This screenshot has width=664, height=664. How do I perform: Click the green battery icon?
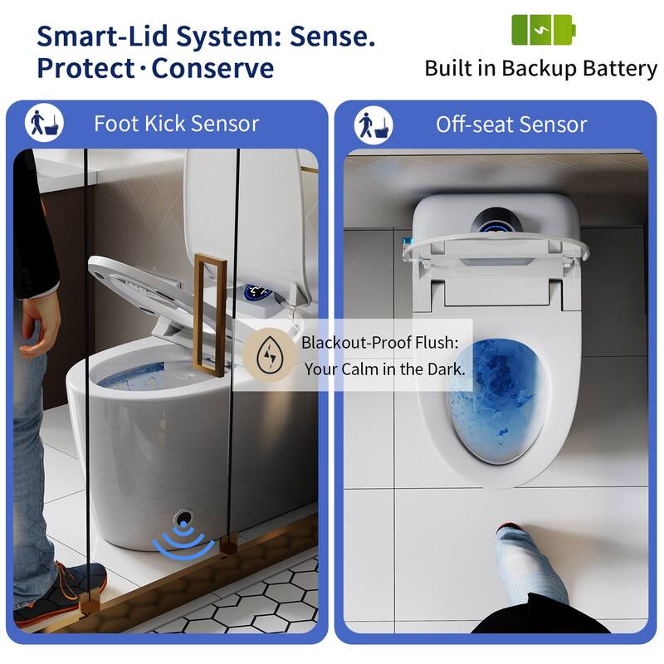coord(543,30)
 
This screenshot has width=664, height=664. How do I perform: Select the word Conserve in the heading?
coord(212,68)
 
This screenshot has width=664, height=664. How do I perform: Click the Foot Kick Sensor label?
coord(176,124)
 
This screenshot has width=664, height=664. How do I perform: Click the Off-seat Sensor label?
coord(511,124)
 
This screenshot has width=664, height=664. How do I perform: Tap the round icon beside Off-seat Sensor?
coord(373,124)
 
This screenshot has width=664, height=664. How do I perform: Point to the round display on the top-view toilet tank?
coord(498,222)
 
